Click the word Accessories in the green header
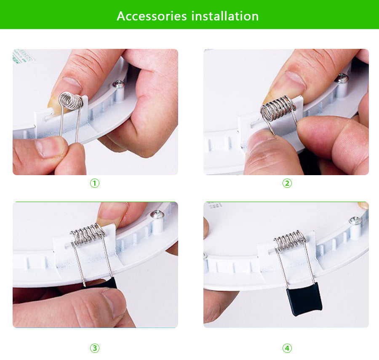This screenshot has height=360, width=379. (152, 16)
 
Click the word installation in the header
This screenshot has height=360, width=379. (225, 16)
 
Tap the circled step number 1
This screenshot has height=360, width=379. (95, 183)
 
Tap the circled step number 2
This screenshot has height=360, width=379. (287, 183)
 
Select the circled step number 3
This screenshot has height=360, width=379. (95, 348)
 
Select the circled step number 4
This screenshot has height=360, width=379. (287, 348)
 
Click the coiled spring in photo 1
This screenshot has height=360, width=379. (71, 100)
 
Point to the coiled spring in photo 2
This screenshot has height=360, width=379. (278, 108)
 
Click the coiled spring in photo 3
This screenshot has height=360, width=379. (88, 234)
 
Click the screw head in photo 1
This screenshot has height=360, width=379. (119, 84)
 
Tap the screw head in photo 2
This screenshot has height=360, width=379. (343, 78)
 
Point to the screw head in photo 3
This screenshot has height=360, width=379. (157, 214)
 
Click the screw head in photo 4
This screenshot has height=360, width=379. (355, 221)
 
